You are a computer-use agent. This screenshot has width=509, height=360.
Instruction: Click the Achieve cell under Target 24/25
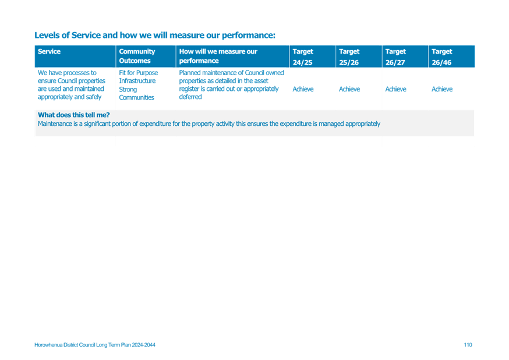(x=303, y=89)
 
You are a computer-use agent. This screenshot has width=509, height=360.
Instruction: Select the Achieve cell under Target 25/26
(x=349, y=89)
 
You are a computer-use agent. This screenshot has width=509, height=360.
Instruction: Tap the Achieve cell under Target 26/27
(x=395, y=89)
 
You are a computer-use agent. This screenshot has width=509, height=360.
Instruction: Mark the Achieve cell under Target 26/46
(x=442, y=89)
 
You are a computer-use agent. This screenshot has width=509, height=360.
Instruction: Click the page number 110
(x=468, y=345)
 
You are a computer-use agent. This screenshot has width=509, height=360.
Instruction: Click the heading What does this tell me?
(x=74, y=115)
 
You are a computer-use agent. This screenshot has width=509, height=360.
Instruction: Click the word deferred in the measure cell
(x=190, y=97)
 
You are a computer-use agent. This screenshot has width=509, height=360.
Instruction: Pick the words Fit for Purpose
(x=138, y=73)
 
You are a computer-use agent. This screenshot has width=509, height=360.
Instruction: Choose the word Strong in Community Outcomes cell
(x=128, y=89)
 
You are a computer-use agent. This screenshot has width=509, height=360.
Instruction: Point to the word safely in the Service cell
(x=94, y=97)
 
